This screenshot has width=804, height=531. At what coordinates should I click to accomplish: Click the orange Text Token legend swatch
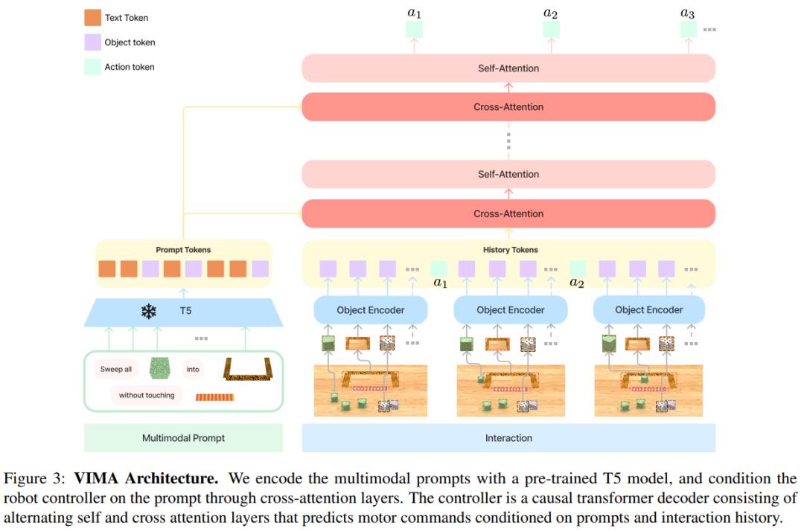coord(93,18)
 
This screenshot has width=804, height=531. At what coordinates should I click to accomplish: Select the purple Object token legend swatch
coord(93,42)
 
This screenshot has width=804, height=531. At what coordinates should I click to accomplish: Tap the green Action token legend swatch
coord(93,67)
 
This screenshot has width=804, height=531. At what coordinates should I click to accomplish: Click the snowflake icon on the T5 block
coord(149,312)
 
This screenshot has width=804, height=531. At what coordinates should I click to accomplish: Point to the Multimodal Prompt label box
coord(183,438)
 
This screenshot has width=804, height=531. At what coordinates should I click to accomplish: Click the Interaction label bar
coord(508,438)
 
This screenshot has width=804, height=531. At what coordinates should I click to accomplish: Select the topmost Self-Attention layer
coord(508,68)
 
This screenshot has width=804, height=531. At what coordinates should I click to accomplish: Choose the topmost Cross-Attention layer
coord(508,107)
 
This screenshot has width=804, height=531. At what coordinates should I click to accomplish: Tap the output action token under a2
coord(551,30)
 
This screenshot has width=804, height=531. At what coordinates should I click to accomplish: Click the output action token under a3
coord(688,30)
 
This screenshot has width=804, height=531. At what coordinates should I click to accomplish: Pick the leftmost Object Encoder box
coord(371,309)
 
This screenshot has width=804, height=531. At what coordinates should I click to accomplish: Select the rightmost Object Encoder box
coord(648,309)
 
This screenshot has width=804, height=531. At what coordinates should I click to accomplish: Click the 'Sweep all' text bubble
coord(116,369)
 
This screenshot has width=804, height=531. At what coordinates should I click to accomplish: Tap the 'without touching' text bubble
coord(147,396)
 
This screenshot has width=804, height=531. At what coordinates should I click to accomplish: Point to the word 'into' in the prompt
coord(193,369)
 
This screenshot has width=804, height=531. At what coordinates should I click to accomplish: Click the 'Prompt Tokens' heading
coord(183,250)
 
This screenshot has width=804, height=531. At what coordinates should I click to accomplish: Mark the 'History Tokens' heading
coord(510,250)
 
